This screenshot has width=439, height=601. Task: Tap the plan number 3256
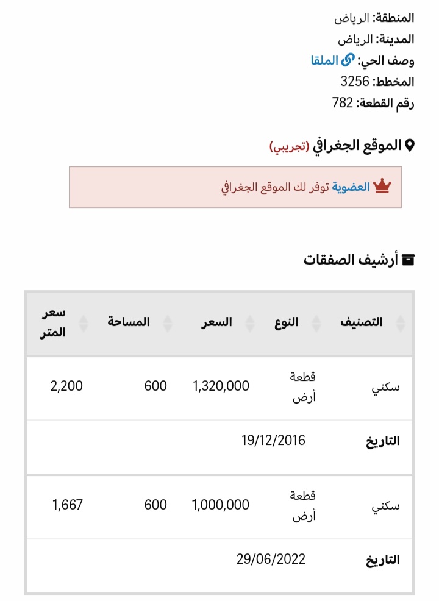pyautogui.click(x=354, y=81)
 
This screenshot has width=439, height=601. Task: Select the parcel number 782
pyautogui.click(x=343, y=102)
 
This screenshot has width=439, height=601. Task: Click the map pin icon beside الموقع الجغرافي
pyautogui.click(x=410, y=145)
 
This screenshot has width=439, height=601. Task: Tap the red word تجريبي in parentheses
pyautogui.click(x=289, y=146)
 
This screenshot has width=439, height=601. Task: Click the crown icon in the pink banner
pyautogui.click(x=382, y=186)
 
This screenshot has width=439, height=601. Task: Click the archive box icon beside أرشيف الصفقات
pyautogui.click(x=409, y=260)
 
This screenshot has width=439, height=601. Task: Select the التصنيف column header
pyautogui.click(x=362, y=322)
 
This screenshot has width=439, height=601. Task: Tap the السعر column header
pyautogui.click(x=218, y=322)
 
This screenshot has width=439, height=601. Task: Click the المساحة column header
pyautogui.click(x=129, y=322)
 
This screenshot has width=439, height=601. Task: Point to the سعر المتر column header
pyautogui.click(x=54, y=322)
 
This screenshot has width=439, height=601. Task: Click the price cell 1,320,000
pyautogui.click(x=221, y=386)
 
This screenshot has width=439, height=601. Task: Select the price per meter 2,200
pyautogui.click(x=67, y=386)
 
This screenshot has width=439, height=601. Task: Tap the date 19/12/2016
pyautogui.click(x=273, y=440)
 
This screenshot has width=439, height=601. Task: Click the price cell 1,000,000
pyautogui.click(x=221, y=505)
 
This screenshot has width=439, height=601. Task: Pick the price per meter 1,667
pyautogui.click(x=67, y=505)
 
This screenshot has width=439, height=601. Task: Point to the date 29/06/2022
pyautogui.click(x=271, y=559)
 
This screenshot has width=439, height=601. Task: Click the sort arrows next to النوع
pyautogui.click(x=316, y=323)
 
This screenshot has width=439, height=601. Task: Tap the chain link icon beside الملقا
pyautogui.click(x=348, y=60)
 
